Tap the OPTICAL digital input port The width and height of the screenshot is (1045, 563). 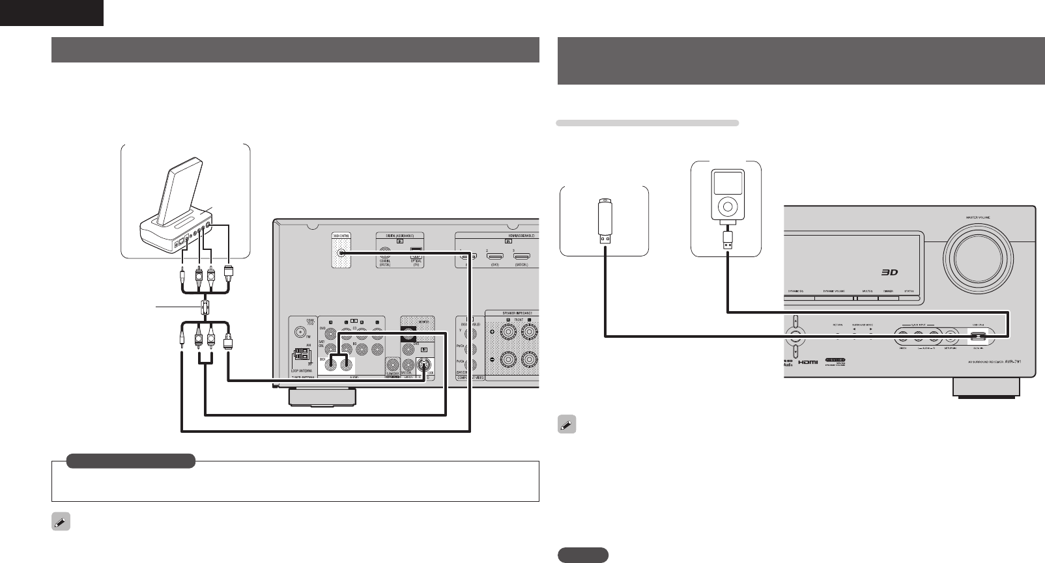tap(414, 255)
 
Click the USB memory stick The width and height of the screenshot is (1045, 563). tap(605, 221)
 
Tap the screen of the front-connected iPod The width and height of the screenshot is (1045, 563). tap(726, 182)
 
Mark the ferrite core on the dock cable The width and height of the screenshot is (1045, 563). tap(206, 307)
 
